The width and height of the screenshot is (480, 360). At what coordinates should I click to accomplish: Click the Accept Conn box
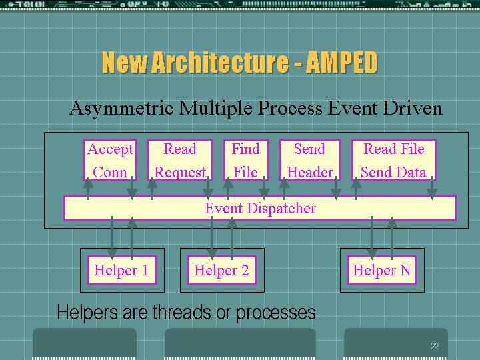pyautogui.click(x=110, y=160)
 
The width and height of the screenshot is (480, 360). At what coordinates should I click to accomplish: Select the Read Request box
pyautogui.click(x=180, y=160)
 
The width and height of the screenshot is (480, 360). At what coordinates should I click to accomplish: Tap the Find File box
pyautogui.click(x=246, y=160)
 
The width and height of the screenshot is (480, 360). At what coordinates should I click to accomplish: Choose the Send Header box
pyautogui.click(x=310, y=160)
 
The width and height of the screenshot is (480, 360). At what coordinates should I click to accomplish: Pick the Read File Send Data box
pyautogui.click(x=394, y=160)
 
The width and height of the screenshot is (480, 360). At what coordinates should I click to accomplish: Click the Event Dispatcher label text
pyautogui.click(x=260, y=209)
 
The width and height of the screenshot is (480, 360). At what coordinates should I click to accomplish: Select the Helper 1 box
pyautogui.click(x=122, y=270)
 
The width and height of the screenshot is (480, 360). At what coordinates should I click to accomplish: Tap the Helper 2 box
pyautogui.click(x=221, y=270)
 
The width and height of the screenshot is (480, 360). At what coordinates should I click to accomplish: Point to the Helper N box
pyautogui.click(x=382, y=270)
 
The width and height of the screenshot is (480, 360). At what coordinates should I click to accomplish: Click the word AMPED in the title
pyautogui.click(x=341, y=62)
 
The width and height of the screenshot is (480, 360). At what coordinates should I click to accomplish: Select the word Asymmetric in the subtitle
pyautogui.click(x=122, y=109)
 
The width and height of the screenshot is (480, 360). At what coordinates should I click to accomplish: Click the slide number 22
pyautogui.click(x=435, y=346)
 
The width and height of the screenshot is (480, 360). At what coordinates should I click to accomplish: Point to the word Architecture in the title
pyautogui.click(x=220, y=62)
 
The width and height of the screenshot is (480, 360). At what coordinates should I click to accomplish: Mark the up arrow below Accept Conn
pyautogui.click(x=88, y=188)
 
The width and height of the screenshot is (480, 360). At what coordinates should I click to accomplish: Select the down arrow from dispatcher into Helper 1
pyautogui.click(x=112, y=237)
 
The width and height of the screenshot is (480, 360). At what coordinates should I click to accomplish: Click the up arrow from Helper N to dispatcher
pyautogui.click(x=392, y=238)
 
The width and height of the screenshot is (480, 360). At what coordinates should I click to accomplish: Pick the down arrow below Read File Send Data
pyautogui.click(x=431, y=188)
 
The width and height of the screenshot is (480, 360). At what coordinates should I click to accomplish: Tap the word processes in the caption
pyautogui.click(x=275, y=313)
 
